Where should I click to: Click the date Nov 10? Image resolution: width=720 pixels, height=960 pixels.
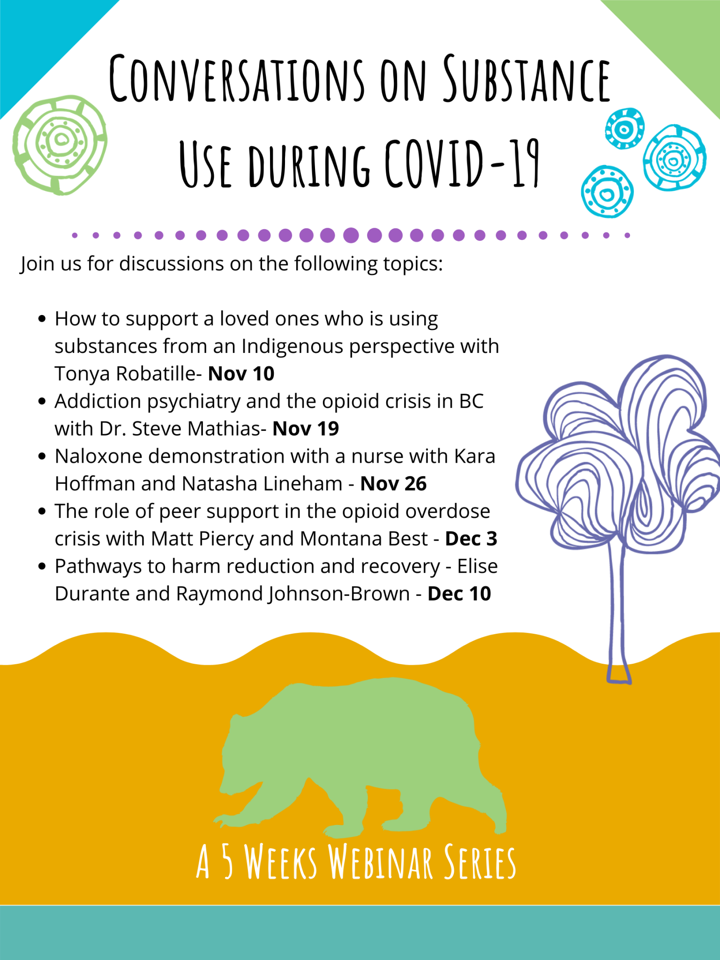pos(241,374)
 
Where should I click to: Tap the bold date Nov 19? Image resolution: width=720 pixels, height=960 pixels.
pos(306,428)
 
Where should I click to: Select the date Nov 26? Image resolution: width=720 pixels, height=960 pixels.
pos(393,484)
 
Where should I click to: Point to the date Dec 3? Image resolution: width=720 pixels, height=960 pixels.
pos(471,539)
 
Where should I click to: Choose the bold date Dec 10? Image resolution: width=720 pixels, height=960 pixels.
pos(459,594)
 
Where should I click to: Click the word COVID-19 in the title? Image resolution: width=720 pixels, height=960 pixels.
pos(462,164)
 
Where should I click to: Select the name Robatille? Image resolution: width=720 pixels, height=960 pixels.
pos(158,374)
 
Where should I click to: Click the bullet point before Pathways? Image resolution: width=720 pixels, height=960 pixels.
pos(43,566)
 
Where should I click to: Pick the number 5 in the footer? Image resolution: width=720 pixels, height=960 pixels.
pos(227,862)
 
